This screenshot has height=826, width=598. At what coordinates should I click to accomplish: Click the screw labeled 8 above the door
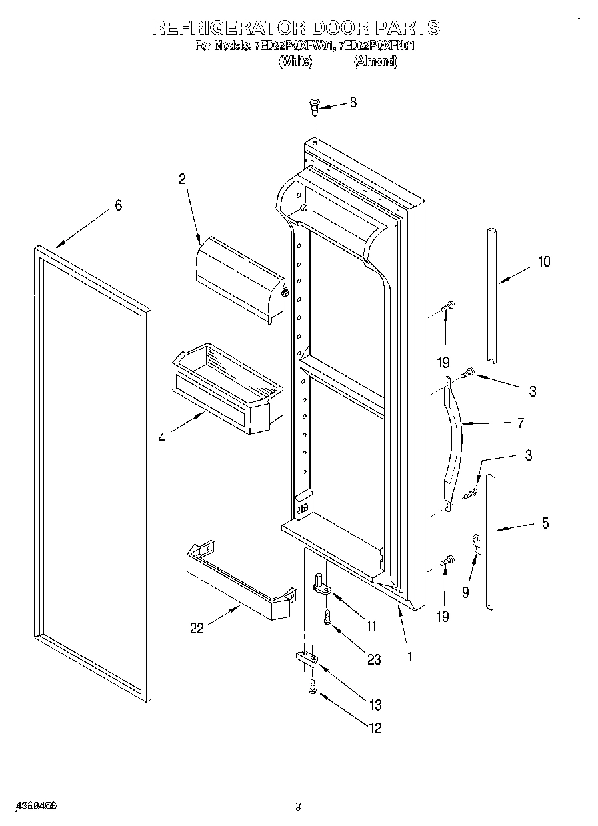tap(314, 104)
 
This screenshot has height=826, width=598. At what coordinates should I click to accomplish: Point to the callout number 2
tap(181, 179)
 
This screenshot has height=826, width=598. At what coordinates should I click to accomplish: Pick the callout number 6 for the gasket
tap(118, 205)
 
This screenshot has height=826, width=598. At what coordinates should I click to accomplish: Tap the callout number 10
tap(544, 261)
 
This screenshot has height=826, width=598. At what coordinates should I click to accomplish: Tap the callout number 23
tap(374, 659)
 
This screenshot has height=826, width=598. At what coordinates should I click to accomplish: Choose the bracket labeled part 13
tap(306, 659)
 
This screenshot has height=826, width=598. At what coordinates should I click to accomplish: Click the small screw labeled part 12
tap(311, 689)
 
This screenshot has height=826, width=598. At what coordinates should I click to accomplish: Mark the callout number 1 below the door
tap(409, 656)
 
